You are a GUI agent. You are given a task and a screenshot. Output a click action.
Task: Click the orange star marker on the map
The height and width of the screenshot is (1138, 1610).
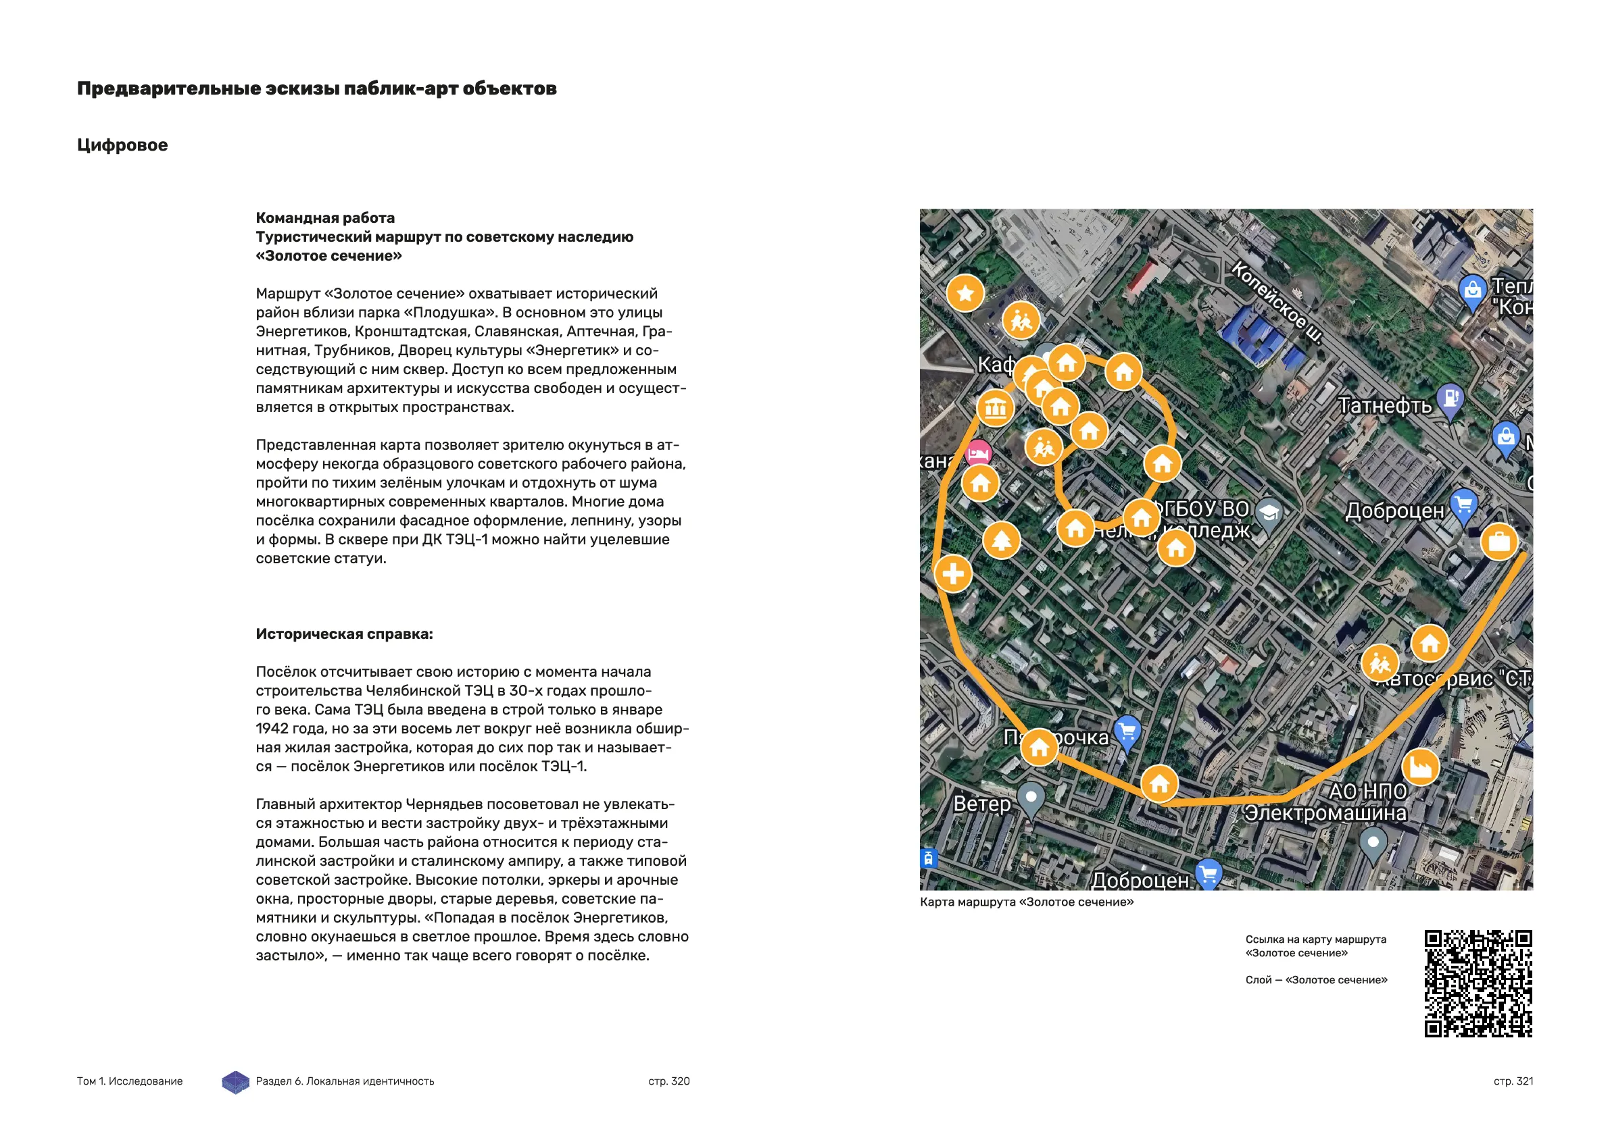pyautogui.click(x=966, y=293)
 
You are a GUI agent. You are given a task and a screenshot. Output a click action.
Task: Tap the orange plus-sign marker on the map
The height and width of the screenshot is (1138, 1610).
pyautogui.click(x=953, y=574)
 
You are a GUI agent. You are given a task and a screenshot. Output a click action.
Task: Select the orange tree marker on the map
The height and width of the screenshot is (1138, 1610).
pyautogui.click(x=1001, y=540)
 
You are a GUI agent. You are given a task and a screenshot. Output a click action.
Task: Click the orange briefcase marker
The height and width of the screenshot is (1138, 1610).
pyautogui.click(x=1499, y=542)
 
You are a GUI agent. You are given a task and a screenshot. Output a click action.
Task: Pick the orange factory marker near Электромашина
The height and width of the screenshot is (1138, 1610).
pyautogui.click(x=1421, y=767)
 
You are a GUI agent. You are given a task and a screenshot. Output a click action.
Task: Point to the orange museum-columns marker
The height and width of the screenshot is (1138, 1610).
pyautogui.click(x=995, y=408)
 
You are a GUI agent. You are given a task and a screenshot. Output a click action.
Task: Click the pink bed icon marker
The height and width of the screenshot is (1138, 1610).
pyautogui.click(x=978, y=454)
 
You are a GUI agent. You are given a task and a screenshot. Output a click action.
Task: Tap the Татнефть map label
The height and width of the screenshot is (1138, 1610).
pyautogui.click(x=1385, y=406)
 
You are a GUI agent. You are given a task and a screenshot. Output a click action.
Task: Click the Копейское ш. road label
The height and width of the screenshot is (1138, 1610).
pyautogui.click(x=1276, y=303)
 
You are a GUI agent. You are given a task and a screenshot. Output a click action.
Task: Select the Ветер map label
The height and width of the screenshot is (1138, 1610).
pyautogui.click(x=981, y=804)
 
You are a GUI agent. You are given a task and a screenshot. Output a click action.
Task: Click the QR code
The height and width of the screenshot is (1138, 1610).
pyautogui.click(x=1478, y=983)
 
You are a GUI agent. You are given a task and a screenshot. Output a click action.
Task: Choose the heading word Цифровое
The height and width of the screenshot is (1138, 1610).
pyautogui.click(x=123, y=145)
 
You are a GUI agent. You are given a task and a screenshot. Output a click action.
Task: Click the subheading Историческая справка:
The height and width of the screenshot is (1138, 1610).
pyautogui.click(x=344, y=634)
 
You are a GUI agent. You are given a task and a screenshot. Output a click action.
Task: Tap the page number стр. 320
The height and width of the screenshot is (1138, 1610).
pyautogui.click(x=669, y=1081)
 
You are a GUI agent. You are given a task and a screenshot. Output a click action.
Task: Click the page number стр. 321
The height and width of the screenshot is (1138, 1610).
pyautogui.click(x=1513, y=1081)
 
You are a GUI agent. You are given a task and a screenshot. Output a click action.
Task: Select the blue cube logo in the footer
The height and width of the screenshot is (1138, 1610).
pyautogui.click(x=236, y=1082)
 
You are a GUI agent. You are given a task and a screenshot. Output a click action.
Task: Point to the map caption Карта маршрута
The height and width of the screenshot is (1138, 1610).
pyautogui.click(x=1027, y=902)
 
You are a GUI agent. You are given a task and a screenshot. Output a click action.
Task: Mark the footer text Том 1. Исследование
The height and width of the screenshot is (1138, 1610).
pyautogui.click(x=130, y=1081)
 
